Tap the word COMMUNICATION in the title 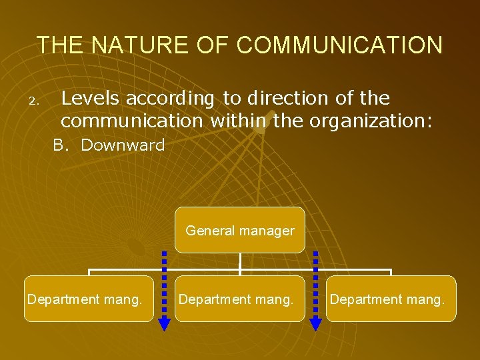click(339, 45)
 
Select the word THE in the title click(61, 45)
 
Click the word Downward click(123, 145)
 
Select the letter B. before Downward click(61, 145)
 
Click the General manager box click(240, 230)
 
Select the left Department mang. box click(89, 299)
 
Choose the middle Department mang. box click(240, 299)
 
